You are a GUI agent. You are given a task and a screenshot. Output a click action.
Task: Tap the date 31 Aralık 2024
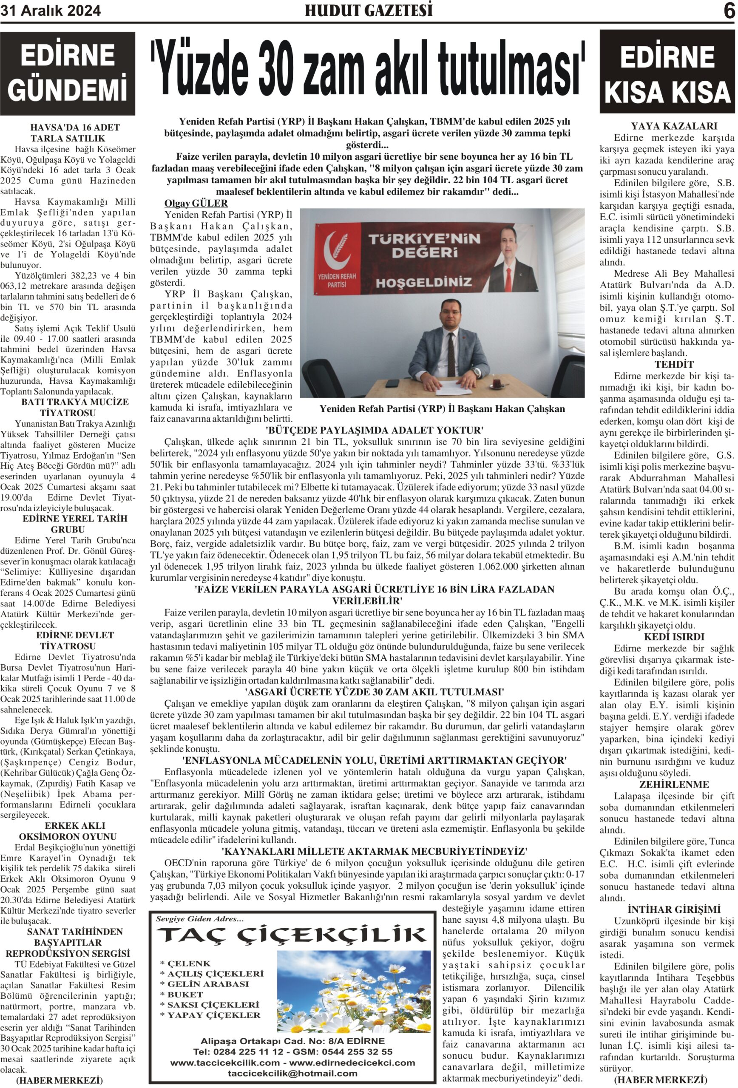tap(51, 11)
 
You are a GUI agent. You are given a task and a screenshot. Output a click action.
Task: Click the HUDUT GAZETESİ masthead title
tap(369, 10)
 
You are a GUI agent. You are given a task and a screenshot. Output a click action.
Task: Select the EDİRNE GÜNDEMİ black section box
tap(68, 73)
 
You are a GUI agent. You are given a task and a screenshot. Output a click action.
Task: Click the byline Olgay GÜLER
tap(196, 203)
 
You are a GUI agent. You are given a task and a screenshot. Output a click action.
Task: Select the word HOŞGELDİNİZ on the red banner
tap(423, 282)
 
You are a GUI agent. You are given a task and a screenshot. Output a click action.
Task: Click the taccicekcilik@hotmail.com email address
tap(292, 1074)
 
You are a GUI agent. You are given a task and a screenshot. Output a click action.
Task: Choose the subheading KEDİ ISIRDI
tap(674, 637)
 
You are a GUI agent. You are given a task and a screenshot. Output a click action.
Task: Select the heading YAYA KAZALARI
tap(674, 126)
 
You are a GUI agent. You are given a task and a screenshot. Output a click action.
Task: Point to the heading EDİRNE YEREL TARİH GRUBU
tap(74, 524)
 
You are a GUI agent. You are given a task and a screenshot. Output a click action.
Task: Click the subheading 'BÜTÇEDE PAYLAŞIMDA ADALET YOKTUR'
tap(374, 430)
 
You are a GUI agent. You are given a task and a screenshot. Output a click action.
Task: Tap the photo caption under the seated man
tap(442, 409)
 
